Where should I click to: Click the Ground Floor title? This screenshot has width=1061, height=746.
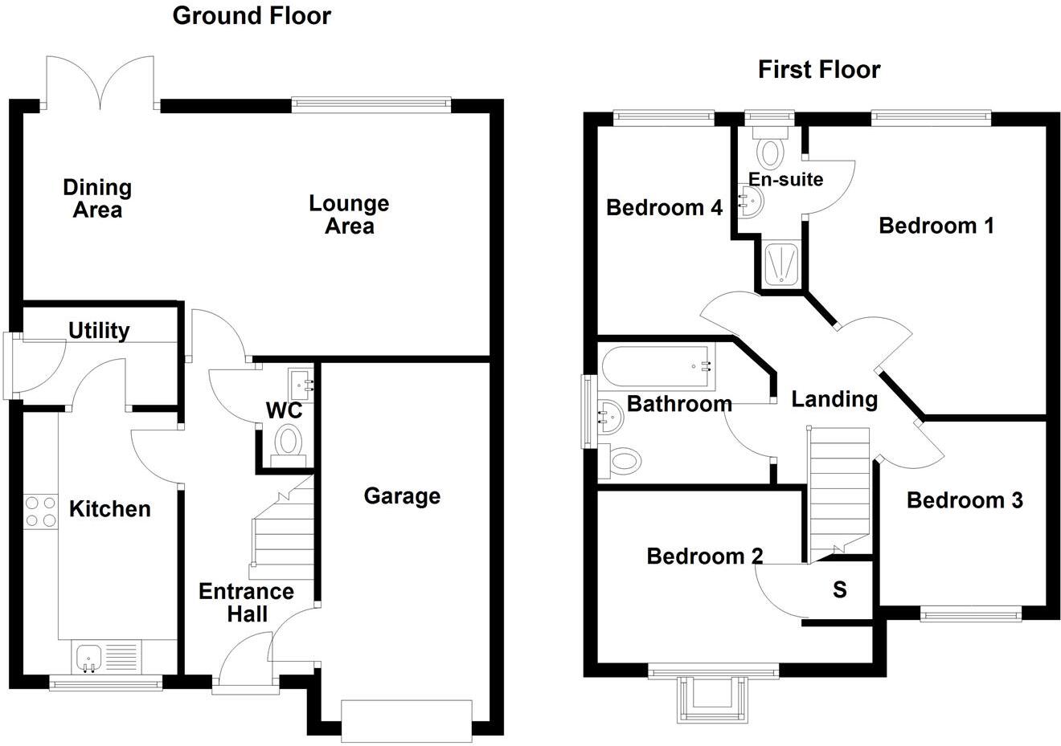pos(252,15)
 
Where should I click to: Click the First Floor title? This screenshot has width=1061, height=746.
pos(819,70)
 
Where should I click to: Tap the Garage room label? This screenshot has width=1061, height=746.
pos(402,496)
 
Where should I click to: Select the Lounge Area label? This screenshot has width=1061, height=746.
pos(349,214)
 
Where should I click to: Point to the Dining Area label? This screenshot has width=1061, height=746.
pos(97,198)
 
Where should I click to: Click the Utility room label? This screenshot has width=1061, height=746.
pos(99,330)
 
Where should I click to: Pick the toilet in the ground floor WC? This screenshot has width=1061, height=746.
pos(288,442)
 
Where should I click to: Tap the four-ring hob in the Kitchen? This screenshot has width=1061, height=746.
pos(41,512)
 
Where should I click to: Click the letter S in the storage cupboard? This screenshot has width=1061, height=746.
pos(840,590)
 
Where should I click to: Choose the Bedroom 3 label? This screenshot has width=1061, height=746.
pos(965,501)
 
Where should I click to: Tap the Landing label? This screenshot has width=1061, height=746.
pos(834,399)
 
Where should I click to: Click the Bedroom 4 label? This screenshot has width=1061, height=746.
pos(664,208)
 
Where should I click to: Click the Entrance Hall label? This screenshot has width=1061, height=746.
pos(246,602)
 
